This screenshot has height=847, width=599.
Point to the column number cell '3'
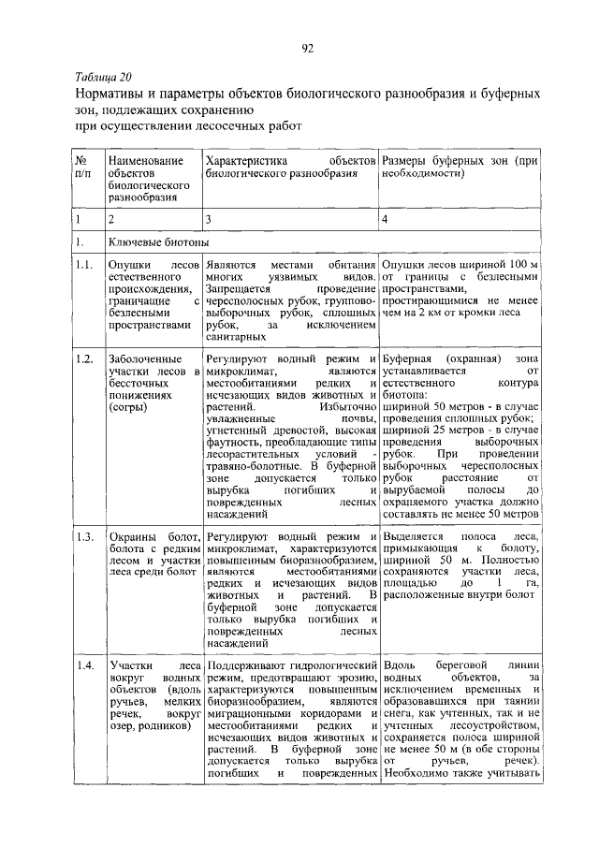(211, 219)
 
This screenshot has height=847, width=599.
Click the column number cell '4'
(385, 219)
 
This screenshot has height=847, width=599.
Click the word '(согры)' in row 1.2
(130, 409)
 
